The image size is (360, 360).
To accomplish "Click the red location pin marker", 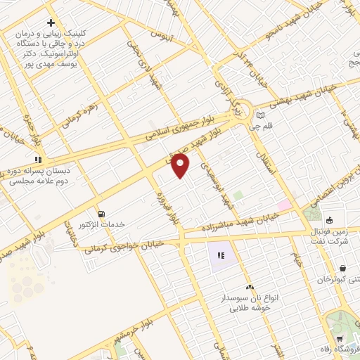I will point(180,166).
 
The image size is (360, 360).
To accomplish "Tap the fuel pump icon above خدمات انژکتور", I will point(103,213).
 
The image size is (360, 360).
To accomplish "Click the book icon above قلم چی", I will point(260,115).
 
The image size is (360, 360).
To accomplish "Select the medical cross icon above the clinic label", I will point(51,23).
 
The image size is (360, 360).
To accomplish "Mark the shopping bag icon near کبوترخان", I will point(342,268).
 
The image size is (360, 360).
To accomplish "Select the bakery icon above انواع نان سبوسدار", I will point(249,287).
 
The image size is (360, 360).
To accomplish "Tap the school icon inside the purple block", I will point(221,255).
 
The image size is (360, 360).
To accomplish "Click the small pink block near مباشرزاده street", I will point(284,205).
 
